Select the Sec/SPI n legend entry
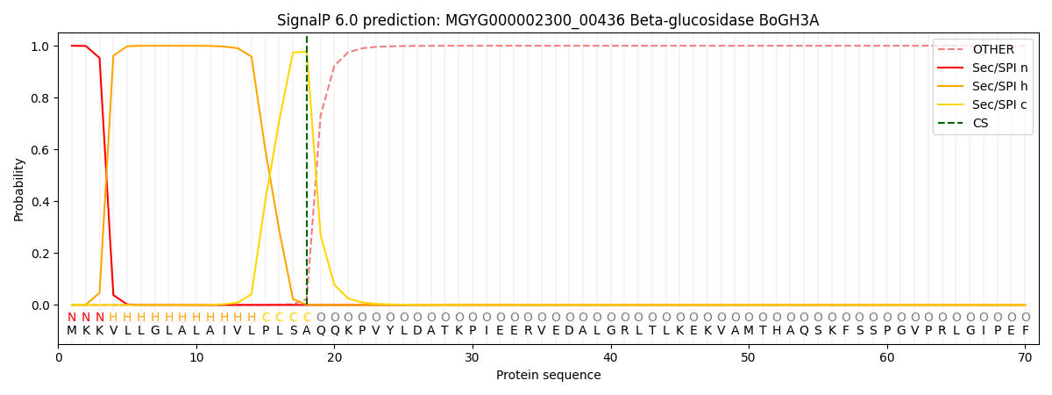pyautogui.click(x=999, y=68)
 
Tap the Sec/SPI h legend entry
pyautogui.click(x=999, y=86)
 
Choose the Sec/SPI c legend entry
pyautogui.click(x=999, y=104)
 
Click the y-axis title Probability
pyautogui.click(x=19, y=189)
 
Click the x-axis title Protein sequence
pyautogui.click(x=548, y=376)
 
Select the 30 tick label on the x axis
pyautogui.click(x=473, y=357)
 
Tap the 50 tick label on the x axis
pyautogui.click(x=749, y=357)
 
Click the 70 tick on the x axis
pyautogui.click(x=1025, y=345)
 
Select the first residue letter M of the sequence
pyautogui.click(x=72, y=331)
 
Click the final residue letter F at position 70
pyautogui.click(x=1025, y=331)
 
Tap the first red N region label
pyautogui.click(x=72, y=318)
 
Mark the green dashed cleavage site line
pyautogui.click(x=307, y=176)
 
